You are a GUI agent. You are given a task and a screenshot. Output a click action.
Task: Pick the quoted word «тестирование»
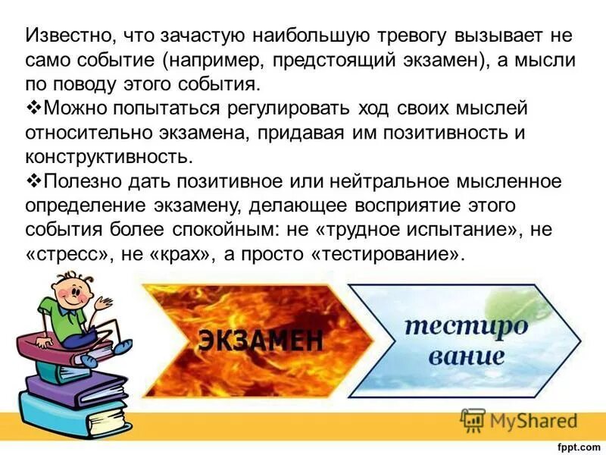point(386,255)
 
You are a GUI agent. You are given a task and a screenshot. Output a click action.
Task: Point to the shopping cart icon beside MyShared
point(473,419)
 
